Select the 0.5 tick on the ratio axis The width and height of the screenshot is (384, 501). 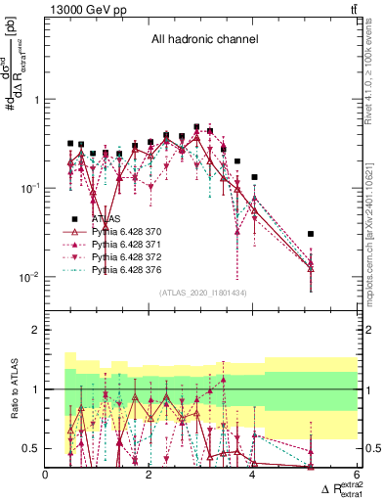pos(32,448)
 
